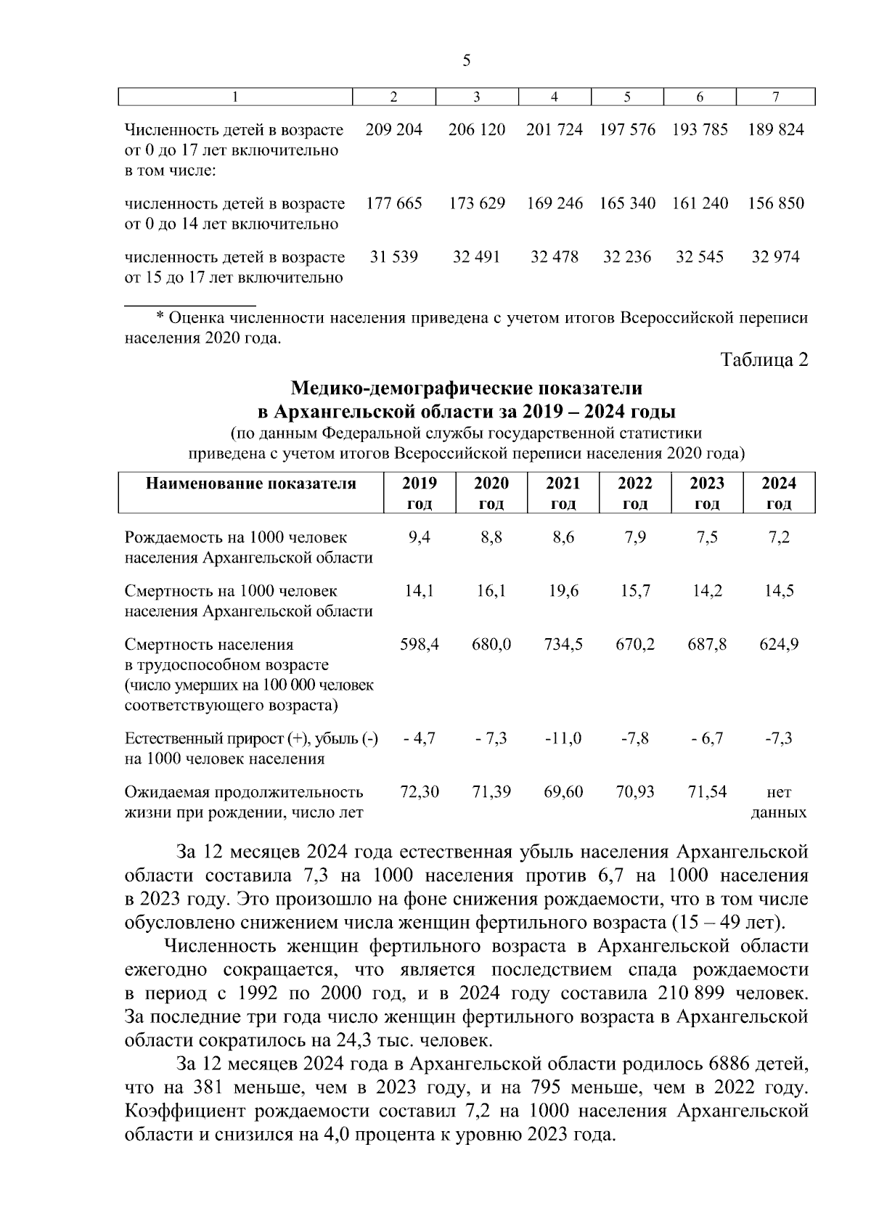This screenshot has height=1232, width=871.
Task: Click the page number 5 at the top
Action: click(467, 60)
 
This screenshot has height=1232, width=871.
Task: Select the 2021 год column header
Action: click(563, 493)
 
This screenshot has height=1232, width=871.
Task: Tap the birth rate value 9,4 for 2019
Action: click(419, 538)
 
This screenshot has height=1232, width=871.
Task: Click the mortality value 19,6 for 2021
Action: click(563, 592)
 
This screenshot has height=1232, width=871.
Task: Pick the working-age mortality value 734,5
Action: click(563, 645)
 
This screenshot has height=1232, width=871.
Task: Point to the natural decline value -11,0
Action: click(563, 739)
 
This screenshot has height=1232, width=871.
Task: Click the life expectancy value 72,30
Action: click(419, 792)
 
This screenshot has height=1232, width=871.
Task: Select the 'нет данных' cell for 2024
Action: click(778, 802)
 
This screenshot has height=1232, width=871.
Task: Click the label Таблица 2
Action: click(764, 360)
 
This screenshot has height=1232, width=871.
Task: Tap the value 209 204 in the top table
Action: click(394, 131)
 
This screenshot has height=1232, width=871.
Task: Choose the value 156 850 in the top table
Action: click(776, 204)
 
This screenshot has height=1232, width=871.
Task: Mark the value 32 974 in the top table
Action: click(776, 258)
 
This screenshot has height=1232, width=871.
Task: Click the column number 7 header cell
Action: click(776, 97)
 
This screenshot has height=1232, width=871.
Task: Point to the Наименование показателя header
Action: click(251, 484)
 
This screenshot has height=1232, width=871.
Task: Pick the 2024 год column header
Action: click(778, 493)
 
